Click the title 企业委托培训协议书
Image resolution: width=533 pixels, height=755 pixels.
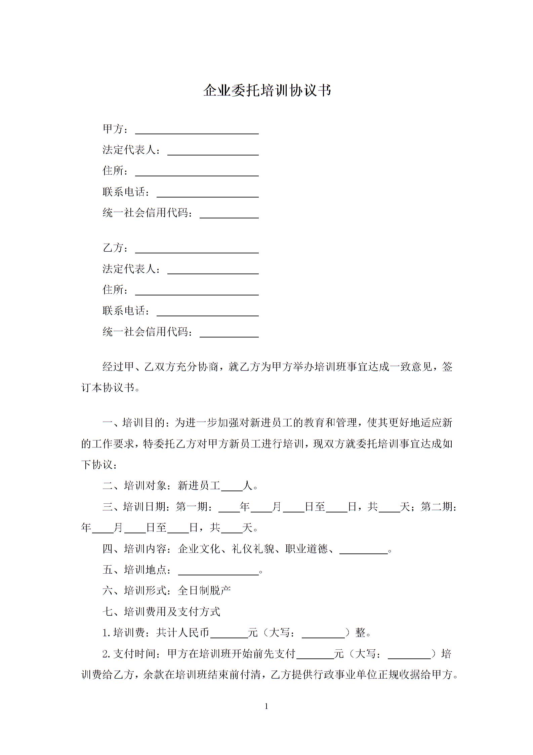coord(267,91)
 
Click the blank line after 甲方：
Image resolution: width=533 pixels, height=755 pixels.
coord(197,131)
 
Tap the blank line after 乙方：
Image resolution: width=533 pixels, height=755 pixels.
coord(197,250)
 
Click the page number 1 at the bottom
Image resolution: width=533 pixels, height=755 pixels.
coord(266,707)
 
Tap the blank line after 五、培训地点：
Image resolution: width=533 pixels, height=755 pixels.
coord(218,572)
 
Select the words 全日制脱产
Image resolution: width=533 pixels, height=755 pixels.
coord(204,591)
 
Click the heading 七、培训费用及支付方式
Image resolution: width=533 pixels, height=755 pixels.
coord(161,612)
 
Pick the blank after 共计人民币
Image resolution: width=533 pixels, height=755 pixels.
coord(229,634)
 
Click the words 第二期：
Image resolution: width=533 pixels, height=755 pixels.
coord(439,507)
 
